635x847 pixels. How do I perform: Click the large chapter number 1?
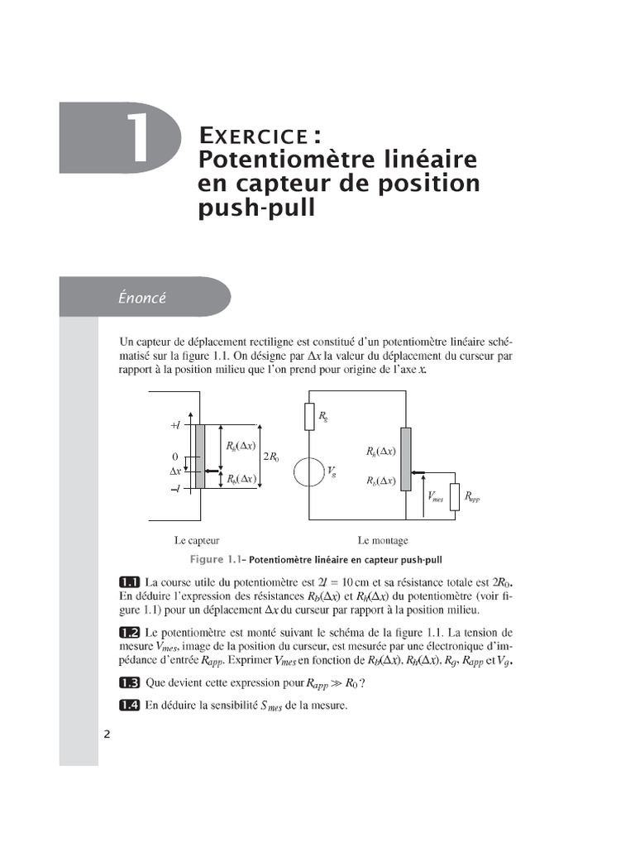point(140,138)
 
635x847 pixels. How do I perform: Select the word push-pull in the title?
point(257,207)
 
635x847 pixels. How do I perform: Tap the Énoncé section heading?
point(142,298)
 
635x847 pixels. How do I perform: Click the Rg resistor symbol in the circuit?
point(309,416)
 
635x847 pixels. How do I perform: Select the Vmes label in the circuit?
point(436,497)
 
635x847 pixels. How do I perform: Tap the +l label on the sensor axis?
point(175,426)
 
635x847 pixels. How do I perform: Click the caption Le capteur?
point(197,540)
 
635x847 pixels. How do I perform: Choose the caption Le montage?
point(383,540)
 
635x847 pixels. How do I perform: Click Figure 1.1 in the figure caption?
point(217,558)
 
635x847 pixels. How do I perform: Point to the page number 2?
point(107,735)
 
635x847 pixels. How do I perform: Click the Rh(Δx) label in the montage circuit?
point(381,452)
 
